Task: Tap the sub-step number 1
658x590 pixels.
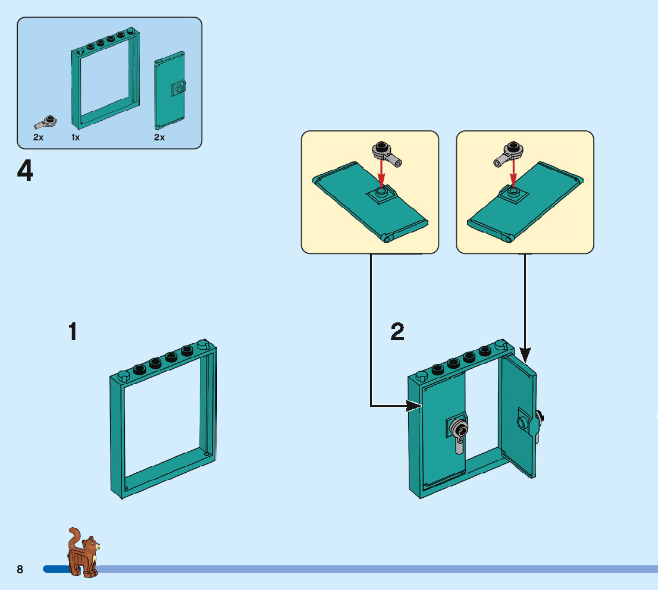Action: click(73, 332)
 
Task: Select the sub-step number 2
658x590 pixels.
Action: click(397, 332)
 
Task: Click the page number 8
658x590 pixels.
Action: click(20, 569)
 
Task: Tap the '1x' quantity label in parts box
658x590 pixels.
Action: click(76, 137)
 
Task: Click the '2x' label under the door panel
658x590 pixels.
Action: click(159, 137)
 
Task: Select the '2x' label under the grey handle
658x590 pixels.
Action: click(38, 137)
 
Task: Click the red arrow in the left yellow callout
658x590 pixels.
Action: click(382, 174)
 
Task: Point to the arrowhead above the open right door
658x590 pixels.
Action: click(525, 356)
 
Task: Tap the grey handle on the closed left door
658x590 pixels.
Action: click(458, 432)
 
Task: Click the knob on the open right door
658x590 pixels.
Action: click(522, 423)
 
